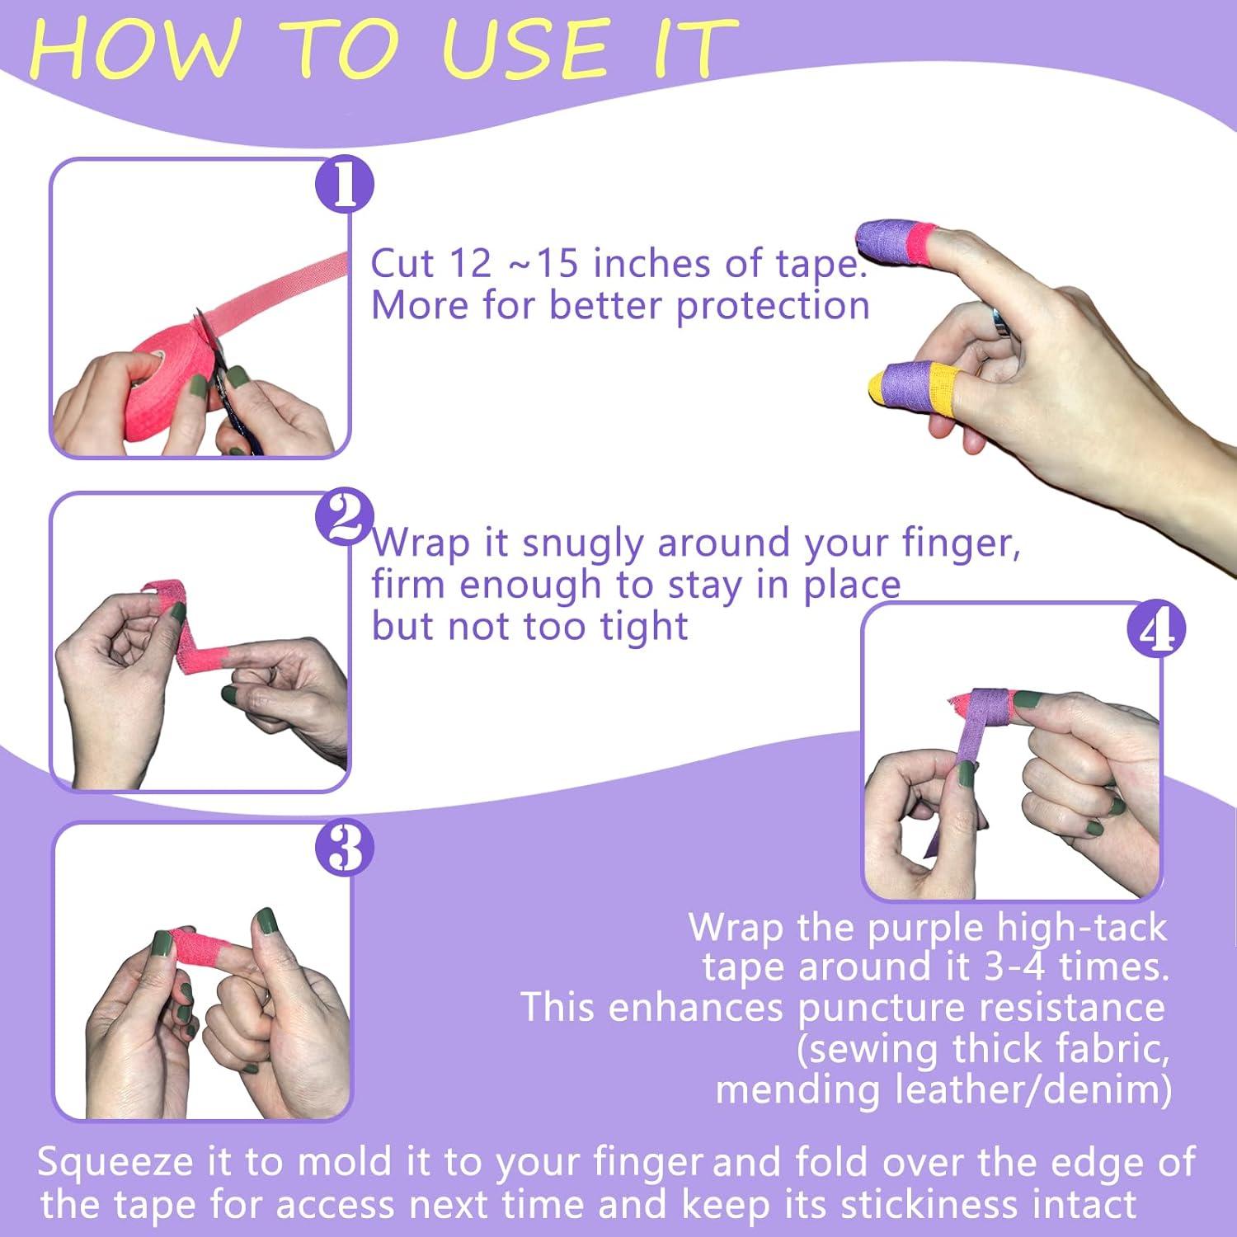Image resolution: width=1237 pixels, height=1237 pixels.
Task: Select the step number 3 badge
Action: click(x=345, y=849)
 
